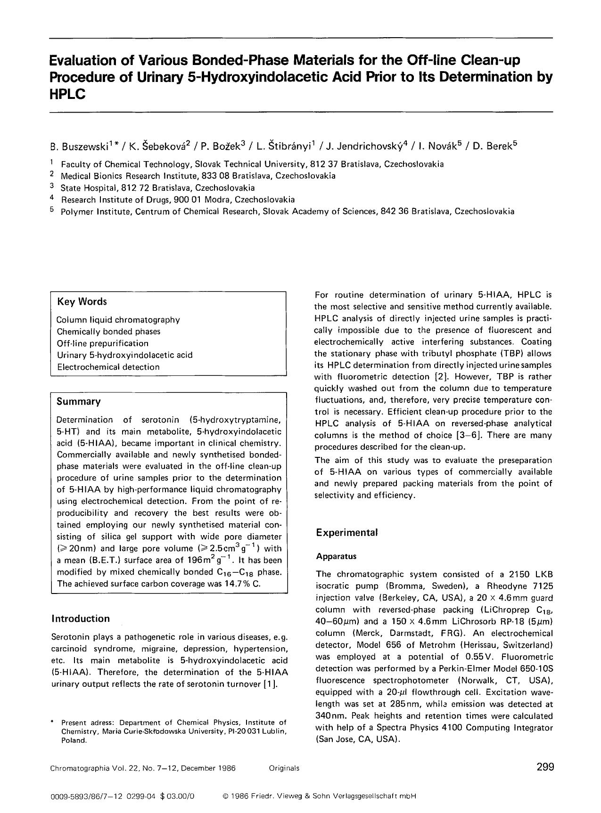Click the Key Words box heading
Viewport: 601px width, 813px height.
point(82,301)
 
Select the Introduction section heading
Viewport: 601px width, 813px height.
point(80,618)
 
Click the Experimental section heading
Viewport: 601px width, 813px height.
point(347,532)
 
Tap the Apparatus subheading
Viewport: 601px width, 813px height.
point(336,556)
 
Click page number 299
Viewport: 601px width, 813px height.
point(545,767)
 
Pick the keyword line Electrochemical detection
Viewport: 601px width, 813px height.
point(108,367)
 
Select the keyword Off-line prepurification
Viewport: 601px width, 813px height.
point(102,343)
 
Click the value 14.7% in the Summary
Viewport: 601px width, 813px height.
point(238,584)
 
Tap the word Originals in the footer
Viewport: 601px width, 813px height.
point(284,768)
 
